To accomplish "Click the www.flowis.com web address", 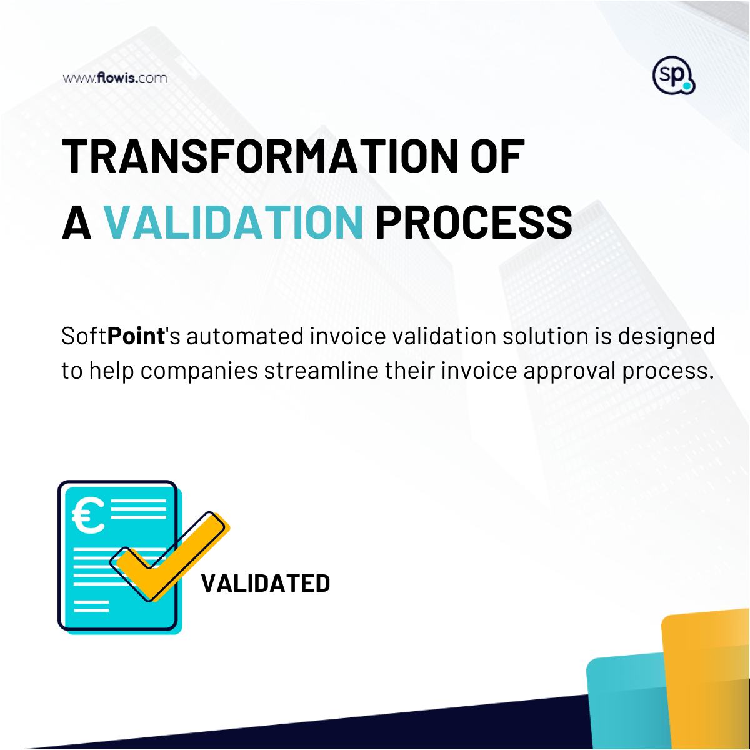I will pyautogui.click(x=115, y=78).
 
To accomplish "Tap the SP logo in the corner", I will pyautogui.click(x=673, y=76).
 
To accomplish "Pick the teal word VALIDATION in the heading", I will pyautogui.click(x=232, y=222).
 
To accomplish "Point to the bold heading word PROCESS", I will pyautogui.click(x=473, y=222).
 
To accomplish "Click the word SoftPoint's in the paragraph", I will pyautogui.click(x=120, y=336).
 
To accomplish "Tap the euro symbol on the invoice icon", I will pyautogui.click(x=89, y=516).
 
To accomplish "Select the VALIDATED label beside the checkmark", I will pyautogui.click(x=266, y=584).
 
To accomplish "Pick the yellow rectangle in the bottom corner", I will pyautogui.click(x=706, y=681).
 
